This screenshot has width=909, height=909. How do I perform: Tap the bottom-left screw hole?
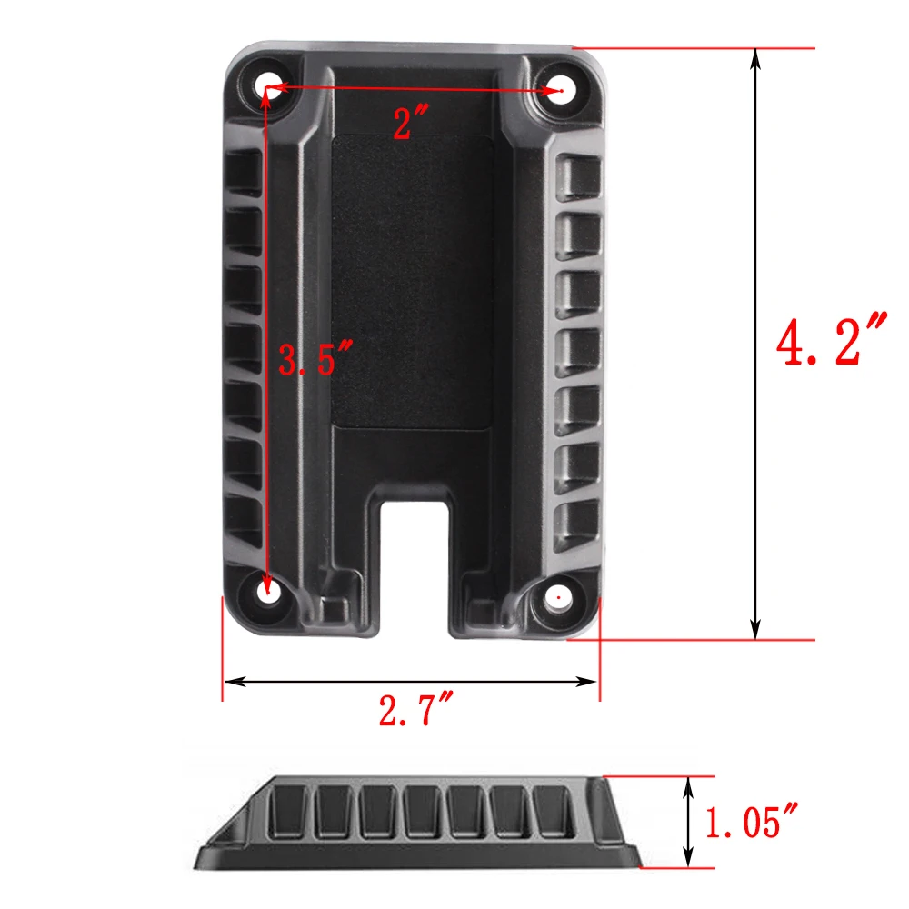pyautogui.click(x=268, y=592)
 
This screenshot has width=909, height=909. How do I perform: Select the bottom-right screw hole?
pyautogui.click(x=558, y=597)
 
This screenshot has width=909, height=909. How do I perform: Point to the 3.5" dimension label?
pyautogui.click(x=315, y=358)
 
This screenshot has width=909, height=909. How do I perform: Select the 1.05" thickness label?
pyautogui.click(x=751, y=820)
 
